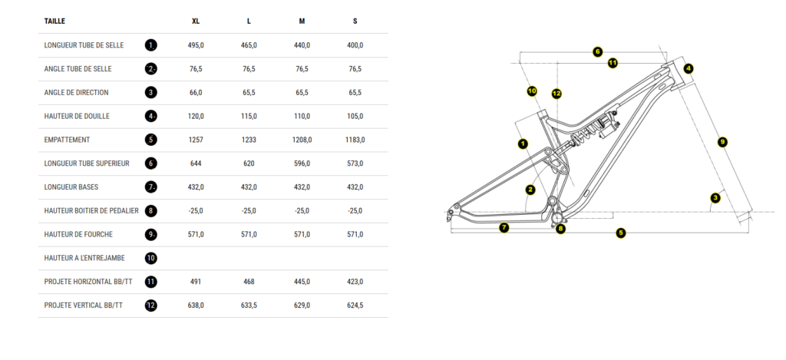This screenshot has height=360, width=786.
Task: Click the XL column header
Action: pos(196,21)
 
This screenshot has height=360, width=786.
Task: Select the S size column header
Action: pos(355,21)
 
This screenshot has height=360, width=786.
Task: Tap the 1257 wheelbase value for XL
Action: pos(196,140)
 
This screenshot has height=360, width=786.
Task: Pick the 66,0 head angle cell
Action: pos(196,93)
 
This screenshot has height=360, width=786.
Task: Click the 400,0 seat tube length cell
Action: pos(355,45)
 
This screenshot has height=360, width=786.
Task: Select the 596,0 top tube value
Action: pos(302,163)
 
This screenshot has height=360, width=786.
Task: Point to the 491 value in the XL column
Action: pos(196,282)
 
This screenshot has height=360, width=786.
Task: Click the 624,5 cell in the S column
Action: pos(355,306)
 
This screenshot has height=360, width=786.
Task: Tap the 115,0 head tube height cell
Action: pos(249,117)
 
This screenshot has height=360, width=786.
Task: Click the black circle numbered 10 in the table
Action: pos(151,258)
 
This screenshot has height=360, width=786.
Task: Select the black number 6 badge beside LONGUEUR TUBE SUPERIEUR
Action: pos(151,163)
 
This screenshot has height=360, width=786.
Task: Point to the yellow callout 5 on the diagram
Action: pos(621,233)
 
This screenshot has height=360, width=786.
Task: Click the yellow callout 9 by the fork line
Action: pos(722,141)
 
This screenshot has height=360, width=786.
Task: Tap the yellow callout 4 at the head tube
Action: pos(689,68)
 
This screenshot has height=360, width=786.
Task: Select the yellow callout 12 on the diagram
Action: pos(556,94)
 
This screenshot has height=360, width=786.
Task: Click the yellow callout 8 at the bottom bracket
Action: pos(560,228)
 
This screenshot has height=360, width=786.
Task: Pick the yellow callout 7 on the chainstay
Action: pos(504,227)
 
